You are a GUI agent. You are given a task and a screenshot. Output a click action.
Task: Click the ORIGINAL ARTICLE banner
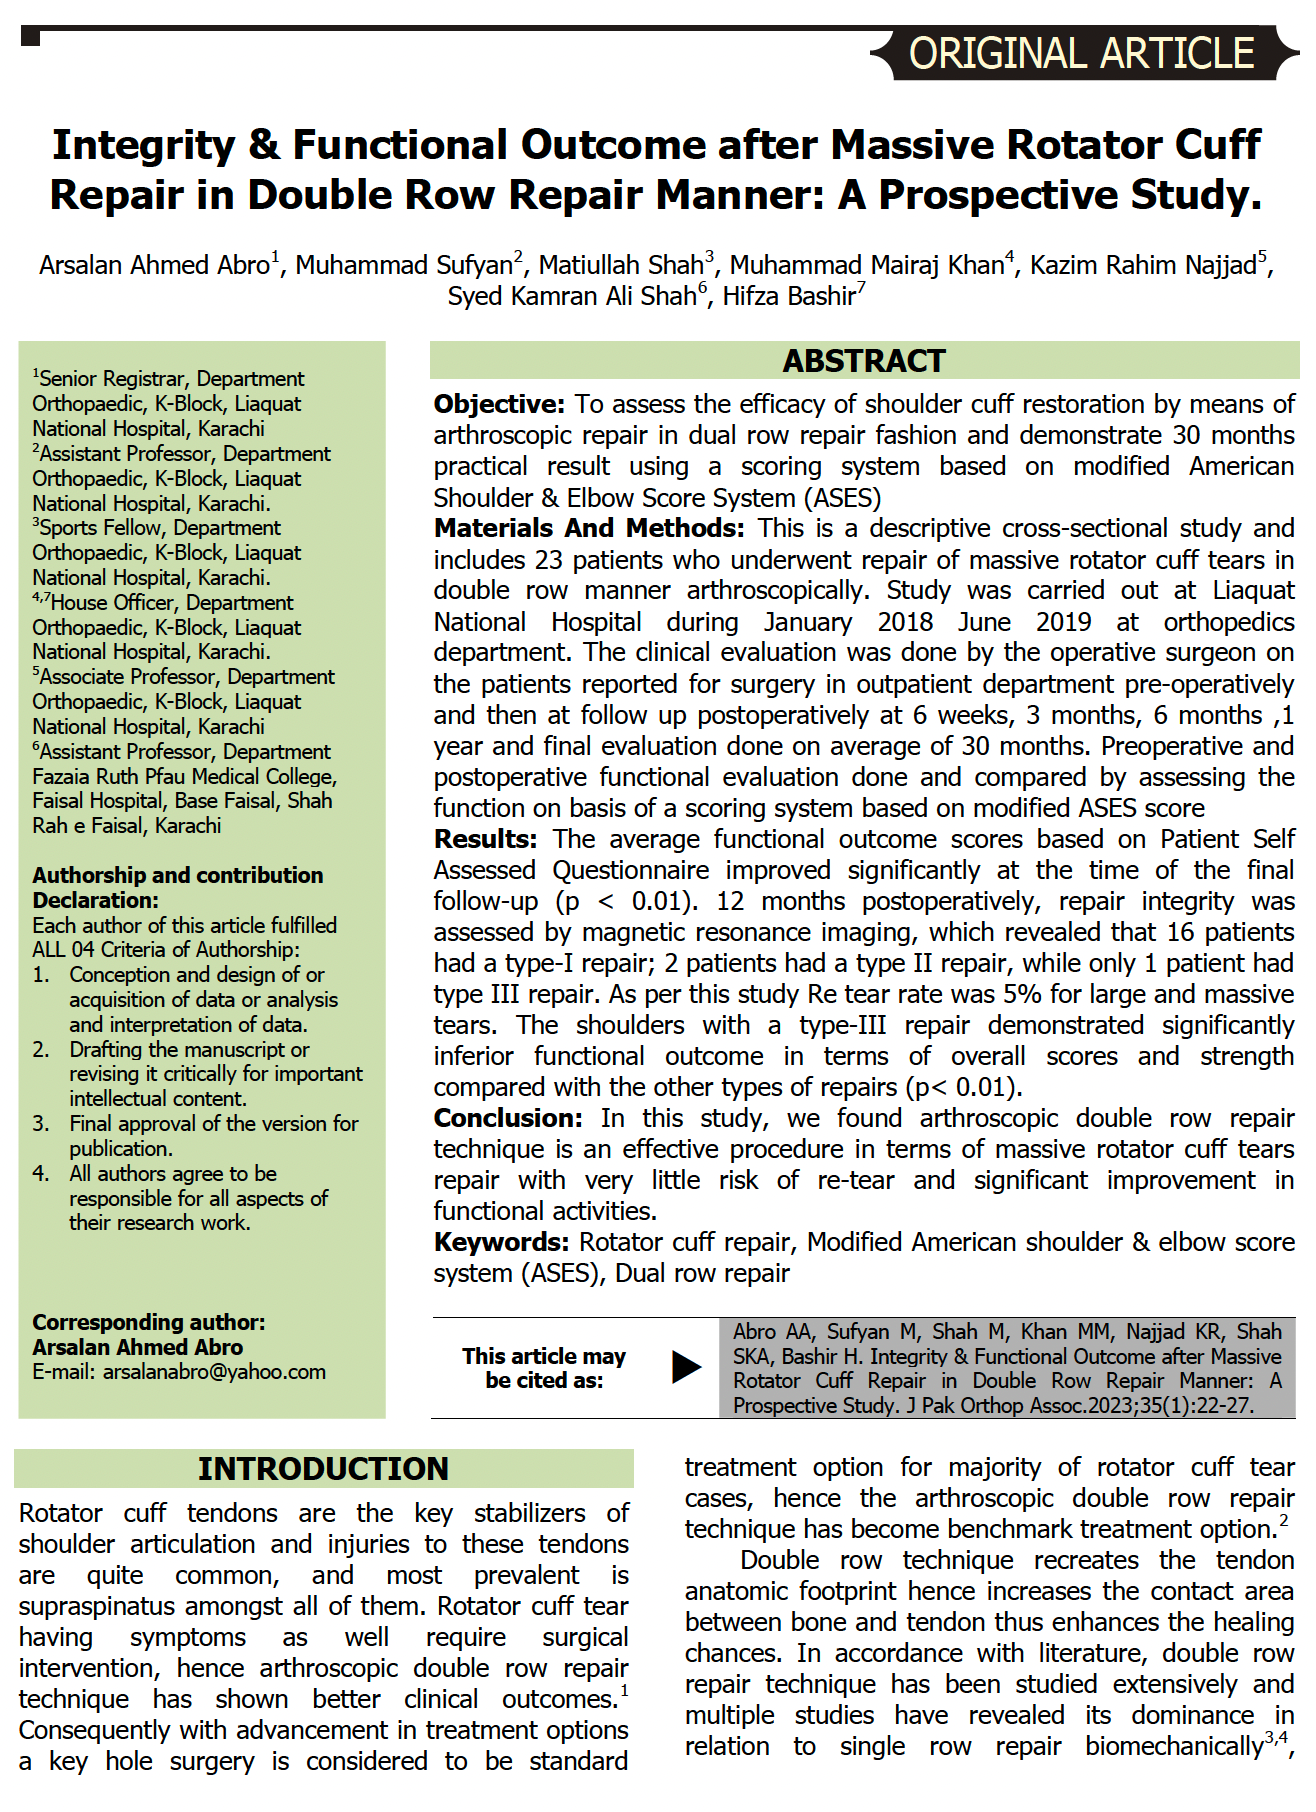(x=1081, y=53)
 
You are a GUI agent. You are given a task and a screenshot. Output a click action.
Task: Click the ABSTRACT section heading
(x=864, y=361)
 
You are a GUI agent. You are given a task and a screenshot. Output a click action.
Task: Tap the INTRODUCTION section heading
(x=323, y=1468)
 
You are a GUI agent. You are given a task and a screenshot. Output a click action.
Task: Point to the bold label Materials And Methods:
(x=589, y=528)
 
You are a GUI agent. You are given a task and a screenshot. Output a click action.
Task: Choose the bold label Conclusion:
(x=508, y=1118)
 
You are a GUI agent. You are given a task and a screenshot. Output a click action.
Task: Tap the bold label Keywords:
(x=501, y=1242)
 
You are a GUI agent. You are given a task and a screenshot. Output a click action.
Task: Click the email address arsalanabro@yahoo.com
(x=214, y=1372)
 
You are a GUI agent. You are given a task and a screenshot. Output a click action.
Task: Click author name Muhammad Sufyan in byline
(x=403, y=265)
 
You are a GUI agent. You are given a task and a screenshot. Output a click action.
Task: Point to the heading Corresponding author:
(x=149, y=1322)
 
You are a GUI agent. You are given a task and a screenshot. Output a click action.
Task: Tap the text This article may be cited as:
(x=544, y=1368)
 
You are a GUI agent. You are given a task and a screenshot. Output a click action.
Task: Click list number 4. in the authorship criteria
(x=41, y=1173)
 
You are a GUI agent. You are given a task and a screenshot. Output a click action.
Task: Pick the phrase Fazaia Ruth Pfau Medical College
(x=183, y=776)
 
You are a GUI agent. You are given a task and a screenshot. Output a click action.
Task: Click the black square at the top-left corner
(x=30, y=38)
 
